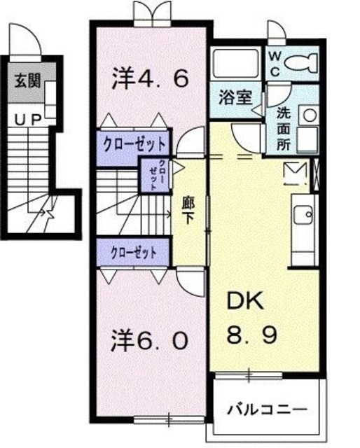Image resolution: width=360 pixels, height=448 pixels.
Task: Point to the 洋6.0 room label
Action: tap(150, 341)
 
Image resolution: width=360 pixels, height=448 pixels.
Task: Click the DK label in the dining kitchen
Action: tap(243, 302)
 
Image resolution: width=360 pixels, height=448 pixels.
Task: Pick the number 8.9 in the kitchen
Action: tap(249, 334)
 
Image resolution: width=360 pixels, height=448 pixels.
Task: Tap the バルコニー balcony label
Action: tap(268, 408)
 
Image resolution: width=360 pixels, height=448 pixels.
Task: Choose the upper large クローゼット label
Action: tap(132, 145)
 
